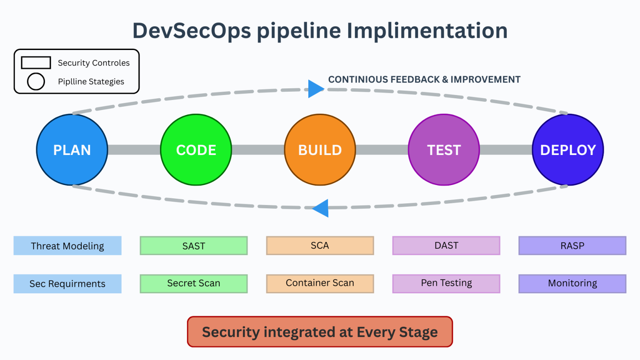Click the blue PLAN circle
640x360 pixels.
(72, 150)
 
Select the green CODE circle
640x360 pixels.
(196, 150)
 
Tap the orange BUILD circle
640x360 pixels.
(320, 150)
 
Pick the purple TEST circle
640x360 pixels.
(444, 150)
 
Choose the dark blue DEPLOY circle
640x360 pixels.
(568, 150)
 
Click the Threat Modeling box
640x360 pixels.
(67, 246)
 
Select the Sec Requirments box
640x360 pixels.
(67, 284)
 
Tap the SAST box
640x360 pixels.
(194, 246)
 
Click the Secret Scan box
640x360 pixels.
(194, 283)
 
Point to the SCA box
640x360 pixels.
(320, 246)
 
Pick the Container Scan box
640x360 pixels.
(320, 283)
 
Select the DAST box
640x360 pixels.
(446, 246)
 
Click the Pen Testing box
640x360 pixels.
(446, 283)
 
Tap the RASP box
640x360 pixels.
(572, 246)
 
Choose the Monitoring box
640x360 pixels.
(572, 283)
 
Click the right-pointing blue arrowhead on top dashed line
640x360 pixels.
(315, 89)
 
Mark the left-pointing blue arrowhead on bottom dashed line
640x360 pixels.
(322, 208)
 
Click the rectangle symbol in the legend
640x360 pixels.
(36, 62)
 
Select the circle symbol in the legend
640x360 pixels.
(36, 81)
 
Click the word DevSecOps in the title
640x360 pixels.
(192, 31)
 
